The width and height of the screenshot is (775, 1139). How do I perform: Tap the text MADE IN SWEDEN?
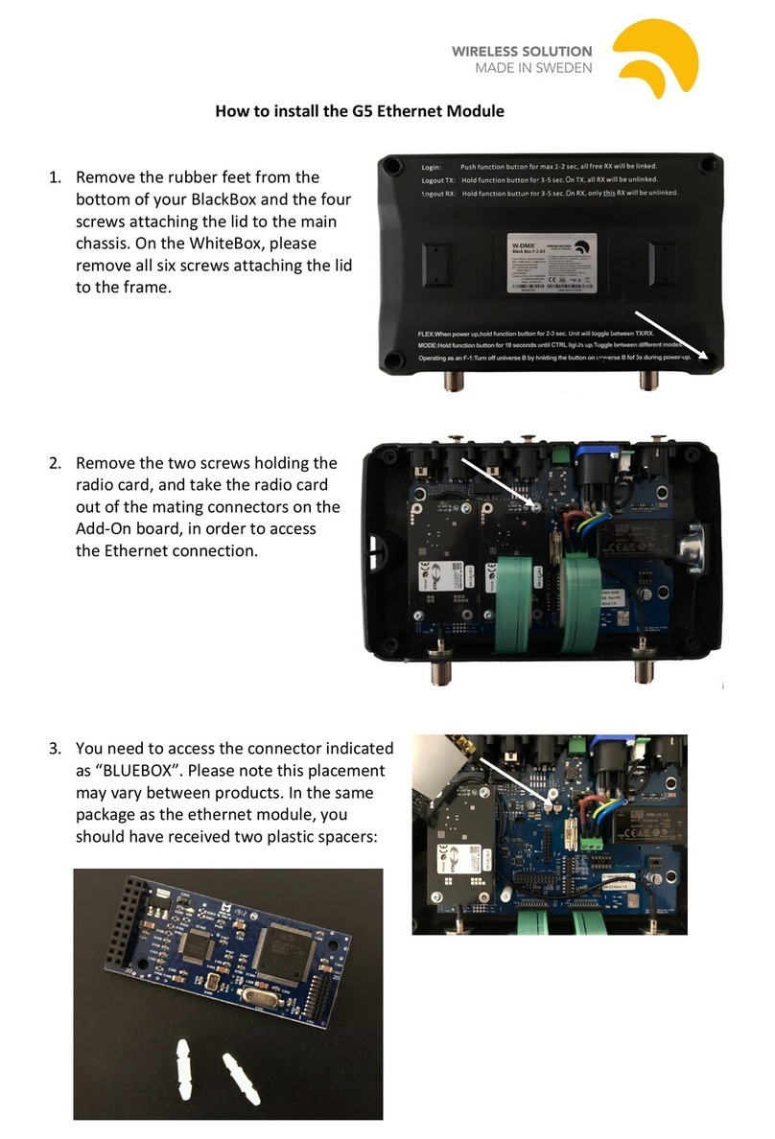click(533, 68)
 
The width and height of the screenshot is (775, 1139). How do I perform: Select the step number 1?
click(55, 177)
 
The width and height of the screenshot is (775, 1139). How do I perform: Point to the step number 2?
click(55, 463)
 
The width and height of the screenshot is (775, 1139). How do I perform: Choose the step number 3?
click(55, 748)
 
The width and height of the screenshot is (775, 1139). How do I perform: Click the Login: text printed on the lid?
click(431, 168)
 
